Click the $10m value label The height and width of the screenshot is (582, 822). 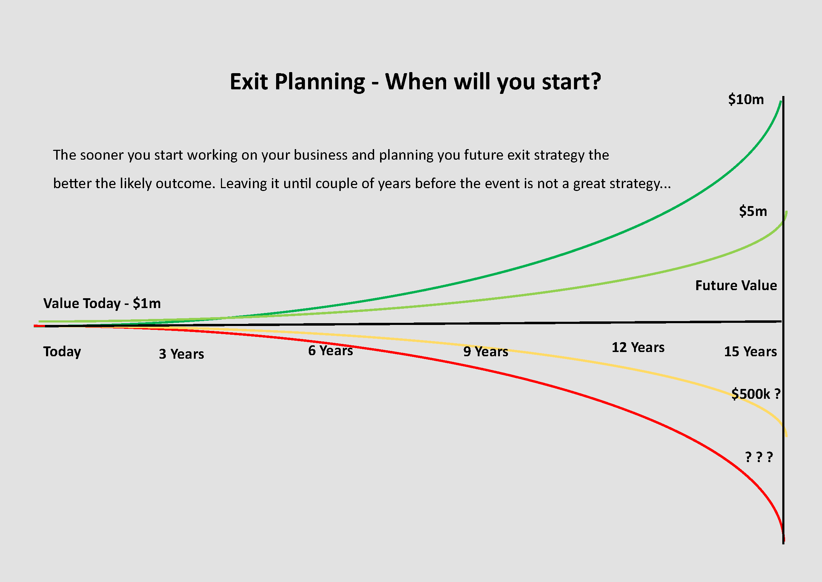coord(746,99)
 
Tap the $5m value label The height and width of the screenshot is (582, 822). coord(753,211)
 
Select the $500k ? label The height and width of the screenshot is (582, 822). coord(756,394)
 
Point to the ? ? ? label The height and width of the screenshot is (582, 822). coord(759,457)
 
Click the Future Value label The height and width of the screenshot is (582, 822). coord(736,285)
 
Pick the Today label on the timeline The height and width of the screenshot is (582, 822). coord(62,352)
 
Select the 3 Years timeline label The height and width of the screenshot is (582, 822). coord(182,354)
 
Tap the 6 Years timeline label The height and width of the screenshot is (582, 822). coord(331,351)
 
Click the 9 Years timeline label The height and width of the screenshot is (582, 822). coord(485,352)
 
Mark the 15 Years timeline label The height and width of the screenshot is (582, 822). coord(750,352)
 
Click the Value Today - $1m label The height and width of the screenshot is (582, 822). coord(102,303)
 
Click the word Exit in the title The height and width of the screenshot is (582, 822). coord(248,82)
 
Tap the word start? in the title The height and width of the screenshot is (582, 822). coord(572,82)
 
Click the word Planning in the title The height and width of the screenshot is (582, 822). coord(320,82)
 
